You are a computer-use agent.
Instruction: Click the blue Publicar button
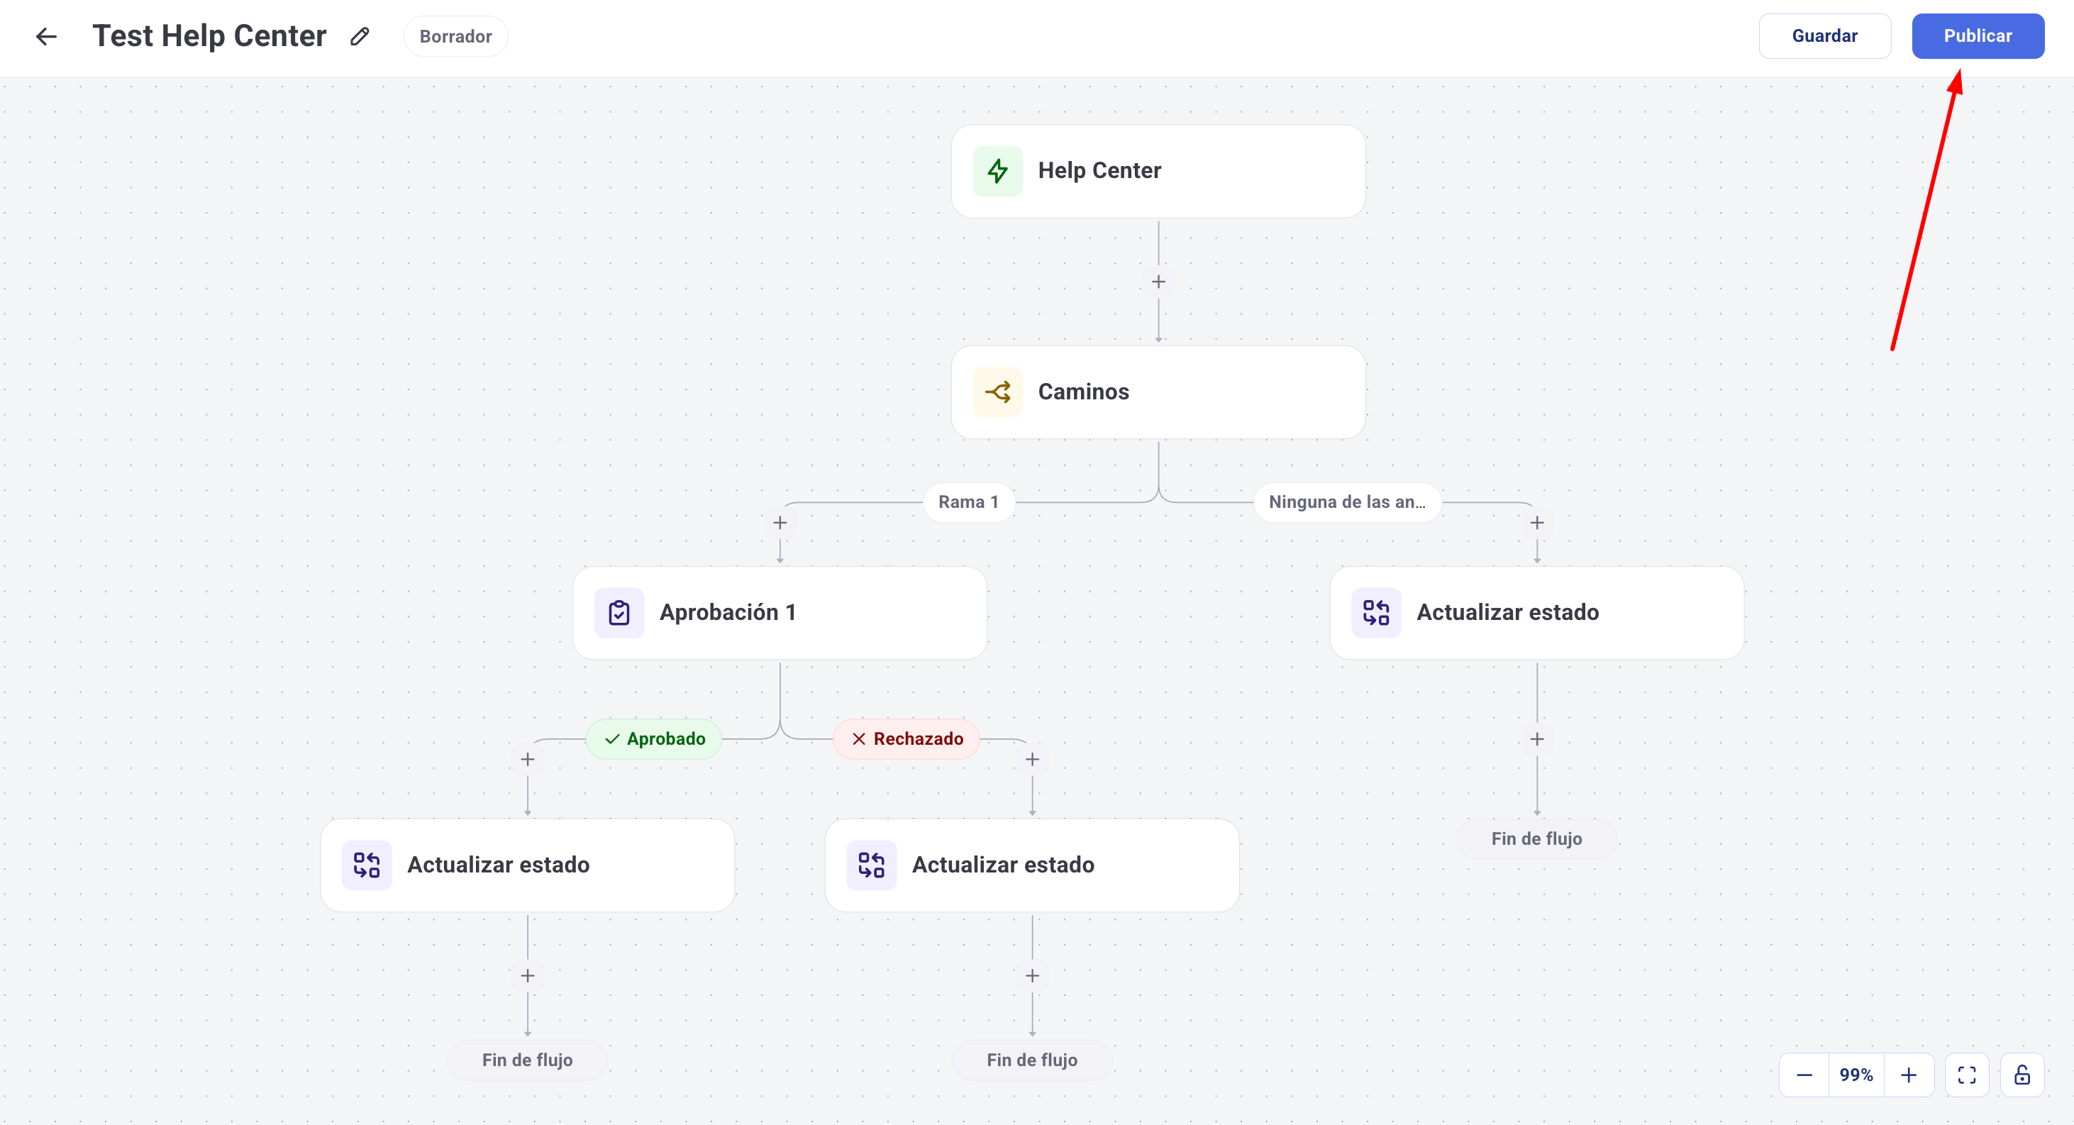(x=1977, y=36)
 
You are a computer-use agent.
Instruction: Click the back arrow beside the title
(x=47, y=36)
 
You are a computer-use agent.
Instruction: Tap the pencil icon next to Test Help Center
(x=360, y=36)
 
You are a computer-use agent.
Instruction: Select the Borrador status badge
(x=455, y=36)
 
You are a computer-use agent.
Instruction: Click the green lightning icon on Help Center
(x=997, y=171)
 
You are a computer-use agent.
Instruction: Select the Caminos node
(x=1157, y=392)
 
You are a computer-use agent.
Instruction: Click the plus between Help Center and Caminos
(x=1158, y=282)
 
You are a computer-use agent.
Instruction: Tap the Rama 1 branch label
(x=967, y=501)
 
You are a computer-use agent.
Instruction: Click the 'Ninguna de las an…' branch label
(x=1346, y=501)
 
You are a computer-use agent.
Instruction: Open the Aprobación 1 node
(x=779, y=613)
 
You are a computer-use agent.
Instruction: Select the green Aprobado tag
(x=654, y=738)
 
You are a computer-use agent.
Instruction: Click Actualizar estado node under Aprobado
(x=526, y=865)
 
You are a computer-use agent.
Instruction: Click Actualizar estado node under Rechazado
(x=1031, y=865)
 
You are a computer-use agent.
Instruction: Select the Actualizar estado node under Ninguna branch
(x=1536, y=613)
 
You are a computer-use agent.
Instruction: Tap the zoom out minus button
(x=1804, y=1075)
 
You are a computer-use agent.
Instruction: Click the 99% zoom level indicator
(x=1856, y=1075)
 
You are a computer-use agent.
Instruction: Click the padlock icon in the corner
(x=2022, y=1075)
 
